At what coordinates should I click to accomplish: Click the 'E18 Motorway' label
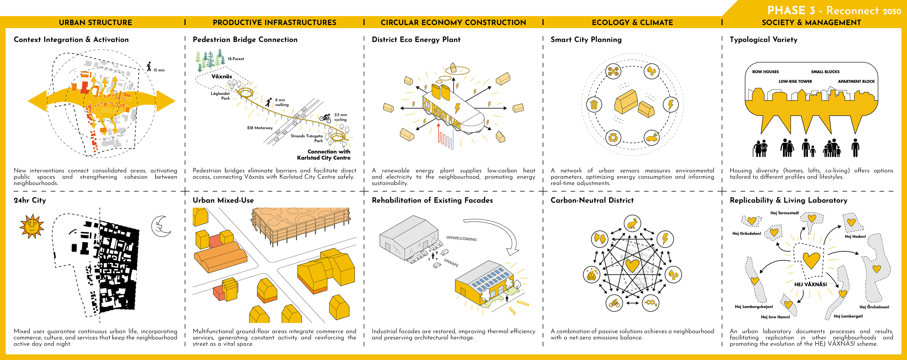click(260, 128)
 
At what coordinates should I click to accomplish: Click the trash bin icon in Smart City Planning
click(594, 105)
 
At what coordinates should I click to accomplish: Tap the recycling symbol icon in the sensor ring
click(613, 137)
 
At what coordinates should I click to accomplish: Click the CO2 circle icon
click(650, 303)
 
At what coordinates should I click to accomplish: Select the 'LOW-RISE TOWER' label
click(795, 81)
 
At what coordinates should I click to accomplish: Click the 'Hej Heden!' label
click(855, 236)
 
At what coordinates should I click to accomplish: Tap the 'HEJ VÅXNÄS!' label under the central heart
click(811, 284)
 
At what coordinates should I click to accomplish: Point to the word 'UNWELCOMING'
click(461, 239)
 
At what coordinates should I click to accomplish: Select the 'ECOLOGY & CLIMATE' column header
click(632, 22)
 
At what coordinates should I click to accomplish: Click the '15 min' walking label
click(159, 70)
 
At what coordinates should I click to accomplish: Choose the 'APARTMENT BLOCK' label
click(856, 81)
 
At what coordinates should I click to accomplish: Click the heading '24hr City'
click(30, 200)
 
